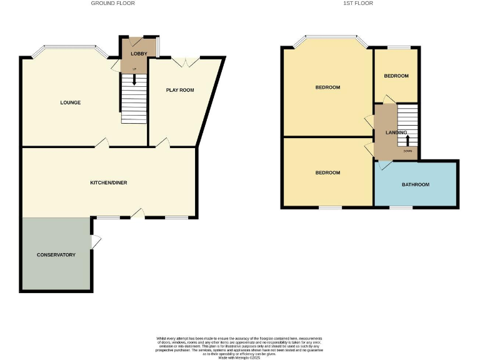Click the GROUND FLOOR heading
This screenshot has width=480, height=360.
(x=112, y=3)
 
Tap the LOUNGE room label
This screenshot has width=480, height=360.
(x=71, y=102)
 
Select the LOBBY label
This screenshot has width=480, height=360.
(x=139, y=54)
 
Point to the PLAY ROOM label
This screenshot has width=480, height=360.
(x=180, y=90)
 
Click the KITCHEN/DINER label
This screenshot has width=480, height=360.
(x=109, y=182)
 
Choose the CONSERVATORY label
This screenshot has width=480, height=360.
(x=56, y=255)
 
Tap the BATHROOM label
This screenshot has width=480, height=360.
(x=416, y=184)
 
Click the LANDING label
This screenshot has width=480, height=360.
(x=396, y=132)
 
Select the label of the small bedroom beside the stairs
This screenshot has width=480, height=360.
(x=396, y=76)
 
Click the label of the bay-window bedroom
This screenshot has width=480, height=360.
(x=327, y=87)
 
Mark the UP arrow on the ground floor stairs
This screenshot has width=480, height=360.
(x=134, y=79)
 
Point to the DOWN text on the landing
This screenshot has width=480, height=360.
(x=407, y=151)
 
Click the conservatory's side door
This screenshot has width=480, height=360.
(x=95, y=241)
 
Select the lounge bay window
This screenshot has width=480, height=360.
(x=69, y=47)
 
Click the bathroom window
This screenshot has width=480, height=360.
(x=400, y=207)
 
